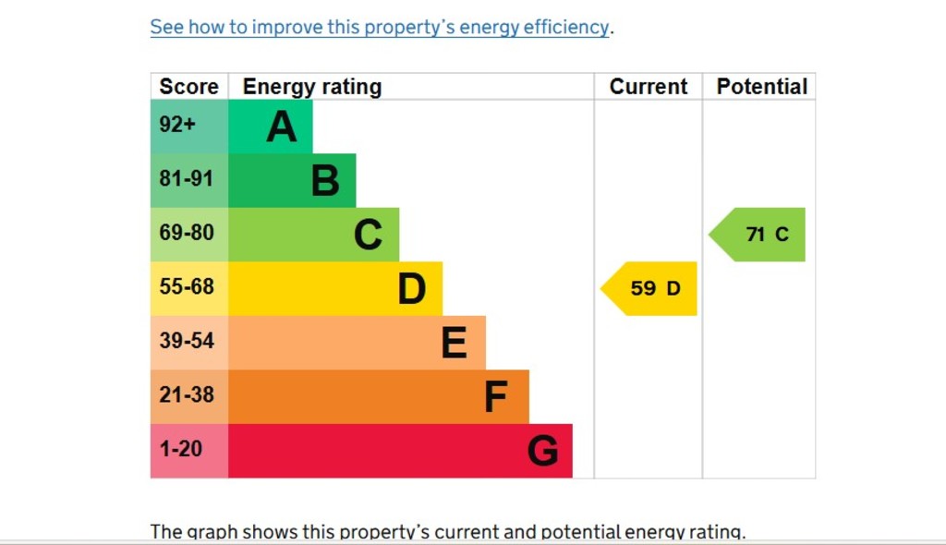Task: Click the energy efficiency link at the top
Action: [x=379, y=28]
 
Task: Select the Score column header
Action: [x=188, y=87]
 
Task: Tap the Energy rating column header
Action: [x=311, y=87]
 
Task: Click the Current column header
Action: [x=648, y=87]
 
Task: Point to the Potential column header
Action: [x=761, y=87]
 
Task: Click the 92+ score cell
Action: [x=188, y=126]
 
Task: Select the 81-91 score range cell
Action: [x=188, y=179]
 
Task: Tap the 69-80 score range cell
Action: [x=188, y=234]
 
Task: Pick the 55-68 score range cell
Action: [x=188, y=287]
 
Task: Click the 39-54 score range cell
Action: [x=188, y=342]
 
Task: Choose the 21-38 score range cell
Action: [x=188, y=395]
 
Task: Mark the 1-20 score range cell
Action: [x=188, y=450]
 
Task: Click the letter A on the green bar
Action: [x=282, y=127]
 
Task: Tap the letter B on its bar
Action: [x=324, y=181]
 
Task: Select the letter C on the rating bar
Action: [x=368, y=235]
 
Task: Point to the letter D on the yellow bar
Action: [x=411, y=289]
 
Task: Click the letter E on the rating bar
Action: [x=454, y=343]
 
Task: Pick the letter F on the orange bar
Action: [x=496, y=397]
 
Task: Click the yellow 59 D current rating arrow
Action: [x=652, y=288]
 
